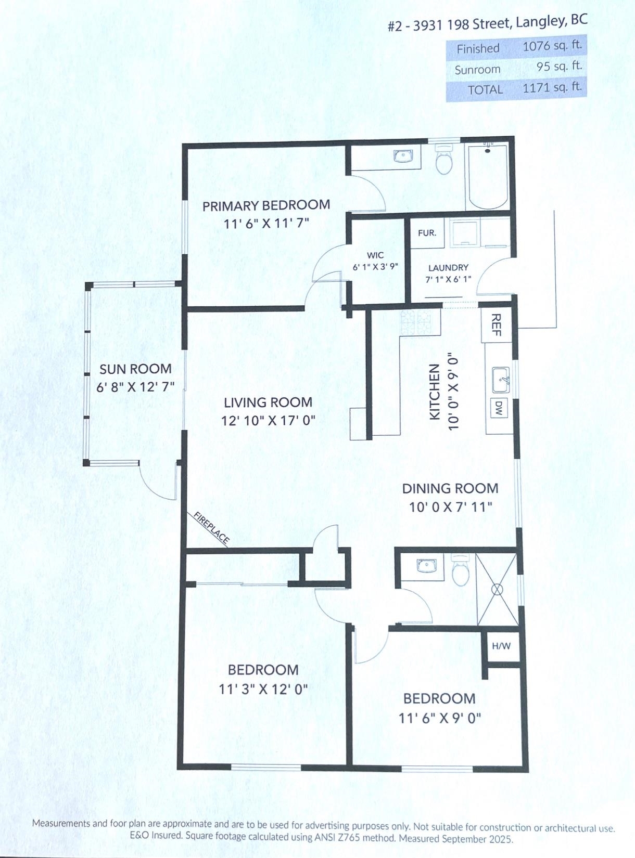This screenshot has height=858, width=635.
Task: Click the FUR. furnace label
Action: (427, 233)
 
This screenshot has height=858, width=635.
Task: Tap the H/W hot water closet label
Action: (501, 646)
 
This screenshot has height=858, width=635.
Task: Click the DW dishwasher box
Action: (499, 408)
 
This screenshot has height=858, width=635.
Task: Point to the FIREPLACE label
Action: (211, 527)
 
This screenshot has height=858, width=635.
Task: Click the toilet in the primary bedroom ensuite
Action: (444, 159)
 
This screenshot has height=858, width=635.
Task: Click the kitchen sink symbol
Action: (501, 375)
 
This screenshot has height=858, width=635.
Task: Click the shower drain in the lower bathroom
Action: (497, 589)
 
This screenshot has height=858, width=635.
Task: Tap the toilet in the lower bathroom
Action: (460, 570)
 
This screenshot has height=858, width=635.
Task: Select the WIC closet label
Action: (375, 255)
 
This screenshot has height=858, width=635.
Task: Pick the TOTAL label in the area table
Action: (485, 90)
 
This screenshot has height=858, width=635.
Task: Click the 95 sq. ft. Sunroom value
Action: (559, 67)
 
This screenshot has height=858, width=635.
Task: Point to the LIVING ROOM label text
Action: (268, 402)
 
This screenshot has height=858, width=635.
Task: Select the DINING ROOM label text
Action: (450, 489)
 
